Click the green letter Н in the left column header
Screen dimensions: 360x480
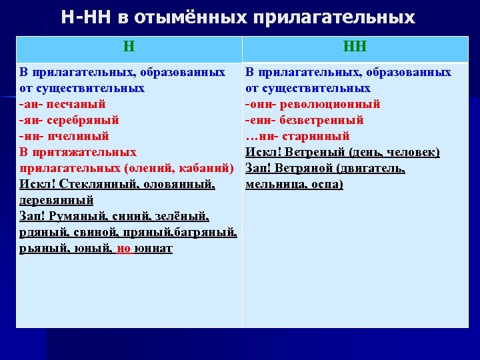129,47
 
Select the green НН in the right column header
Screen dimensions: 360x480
355,47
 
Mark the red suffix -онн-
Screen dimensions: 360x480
261,104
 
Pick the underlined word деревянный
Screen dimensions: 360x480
55,200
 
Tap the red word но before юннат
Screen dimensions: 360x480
124,249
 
